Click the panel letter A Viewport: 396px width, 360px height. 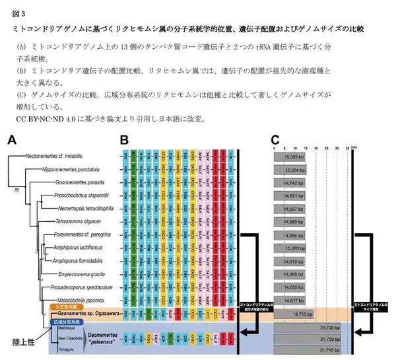click(x=13, y=139)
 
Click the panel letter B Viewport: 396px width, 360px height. click(x=125, y=139)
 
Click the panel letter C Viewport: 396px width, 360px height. click(x=277, y=139)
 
